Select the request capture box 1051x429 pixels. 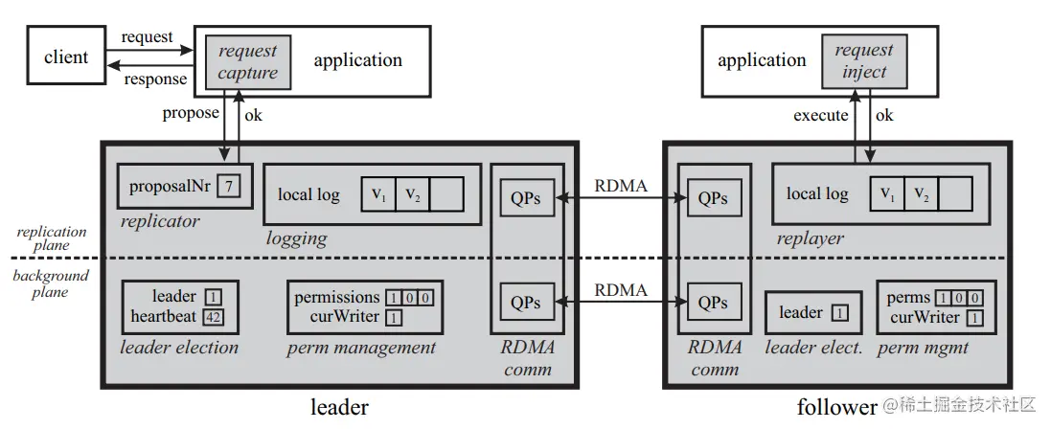[x=247, y=61]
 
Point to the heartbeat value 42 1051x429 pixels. [x=215, y=316]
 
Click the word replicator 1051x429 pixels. [x=160, y=221]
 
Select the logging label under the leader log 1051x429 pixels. [x=297, y=237]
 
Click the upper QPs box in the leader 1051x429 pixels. [x=525, y=199]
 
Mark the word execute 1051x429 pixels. [x=820, y=115]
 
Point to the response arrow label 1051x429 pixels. [x=155, y=78]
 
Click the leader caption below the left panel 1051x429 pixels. [x=339, y=407]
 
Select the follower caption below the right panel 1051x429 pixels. [x=835, y=407]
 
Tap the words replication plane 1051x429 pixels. [x=52, y=237]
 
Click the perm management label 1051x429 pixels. [x=361, y=347]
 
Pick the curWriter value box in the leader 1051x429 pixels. [x=395, y=316]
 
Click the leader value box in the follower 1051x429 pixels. [x=839, y=313]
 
